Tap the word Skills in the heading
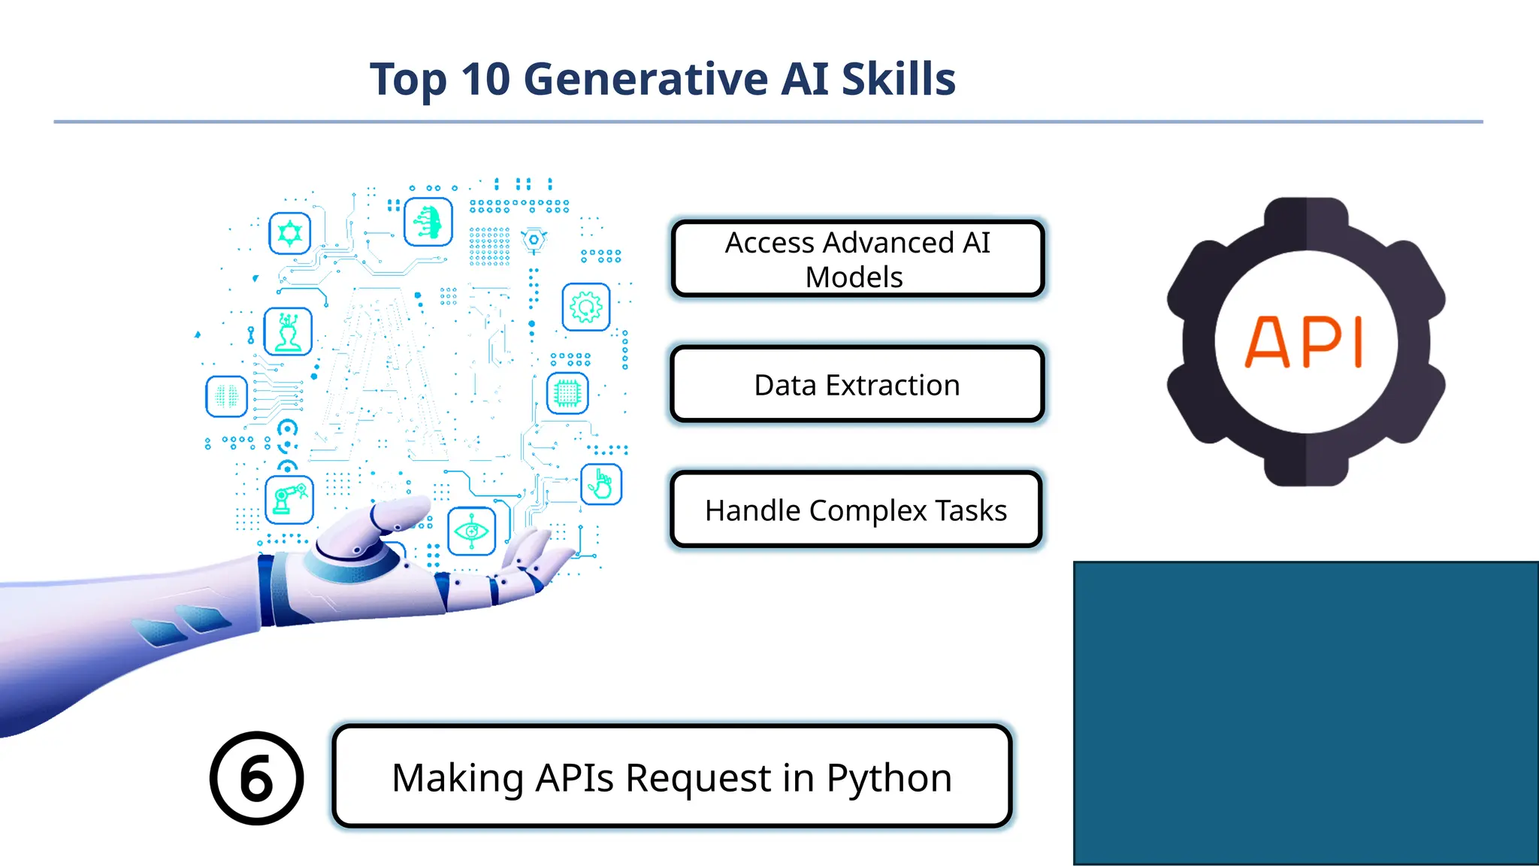coord(898,79)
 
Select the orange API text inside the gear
coord(1305,342)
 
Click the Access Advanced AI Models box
coord(857,259)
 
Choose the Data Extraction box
coord(857,385)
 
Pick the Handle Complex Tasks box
coord(856,510)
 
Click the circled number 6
coord(257,778)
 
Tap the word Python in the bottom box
coord(889,777)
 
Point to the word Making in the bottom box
coord(458,777)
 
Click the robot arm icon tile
coord(289,500)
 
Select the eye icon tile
coord(472,531)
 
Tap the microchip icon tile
coord(567,393)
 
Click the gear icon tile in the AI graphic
coord(586,307)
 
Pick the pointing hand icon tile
coord(601,484)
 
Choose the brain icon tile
coord(226,395)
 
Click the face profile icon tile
coord(428,223)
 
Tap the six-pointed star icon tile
coord(290,233)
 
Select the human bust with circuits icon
coord(288,332)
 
